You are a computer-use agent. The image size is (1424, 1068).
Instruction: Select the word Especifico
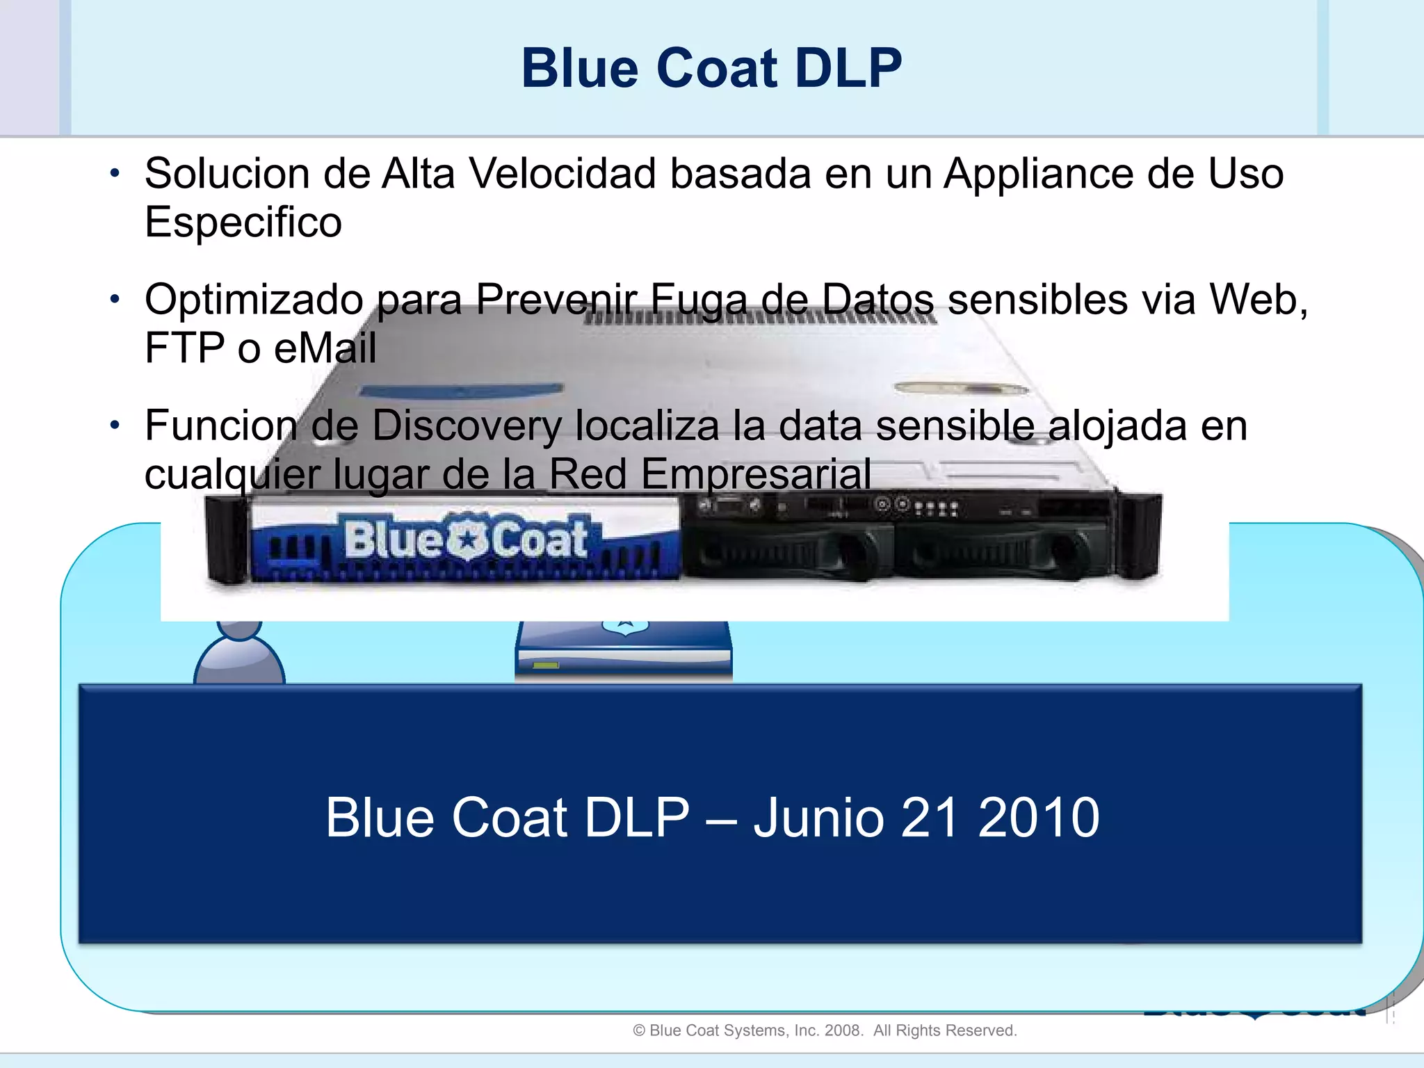coord(243,222)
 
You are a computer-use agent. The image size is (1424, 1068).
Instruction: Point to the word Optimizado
coord(254,300)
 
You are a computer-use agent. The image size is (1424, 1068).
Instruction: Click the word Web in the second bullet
coord(1256,300)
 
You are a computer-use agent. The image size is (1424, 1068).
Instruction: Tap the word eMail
coord(325,348)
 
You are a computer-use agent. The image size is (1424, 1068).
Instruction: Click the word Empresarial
coord(756,474)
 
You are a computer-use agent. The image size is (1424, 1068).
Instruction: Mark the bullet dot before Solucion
coord(115,173)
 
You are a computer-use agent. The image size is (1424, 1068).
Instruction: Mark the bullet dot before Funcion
coord(115,425)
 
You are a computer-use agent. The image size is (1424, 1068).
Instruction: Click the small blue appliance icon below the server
coord(624,650)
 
